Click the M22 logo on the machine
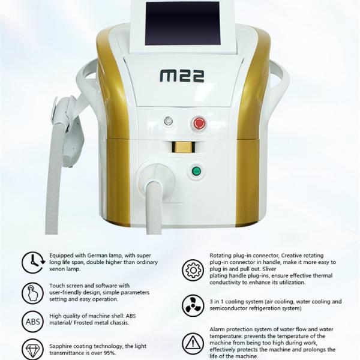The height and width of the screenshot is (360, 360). [182, 76]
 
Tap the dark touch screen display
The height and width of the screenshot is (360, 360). [183, 23]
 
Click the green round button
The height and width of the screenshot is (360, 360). [196, 171]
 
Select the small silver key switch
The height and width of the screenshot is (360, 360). [168, 121]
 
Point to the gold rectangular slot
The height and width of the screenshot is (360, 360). [183, 147]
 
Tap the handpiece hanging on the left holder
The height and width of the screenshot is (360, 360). [69, 131]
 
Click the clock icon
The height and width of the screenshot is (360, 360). [33, 262]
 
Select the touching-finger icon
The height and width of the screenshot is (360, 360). [32, 293]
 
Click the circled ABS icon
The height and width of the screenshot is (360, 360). [32, 322]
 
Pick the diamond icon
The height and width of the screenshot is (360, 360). [32, 349]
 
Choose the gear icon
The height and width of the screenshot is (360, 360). [193, 270]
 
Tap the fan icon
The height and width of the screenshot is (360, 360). [193, 306]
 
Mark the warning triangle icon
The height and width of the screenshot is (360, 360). [193, 344]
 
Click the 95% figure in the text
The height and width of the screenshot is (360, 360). [109, 353]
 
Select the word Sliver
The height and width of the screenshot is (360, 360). [269, 269]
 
